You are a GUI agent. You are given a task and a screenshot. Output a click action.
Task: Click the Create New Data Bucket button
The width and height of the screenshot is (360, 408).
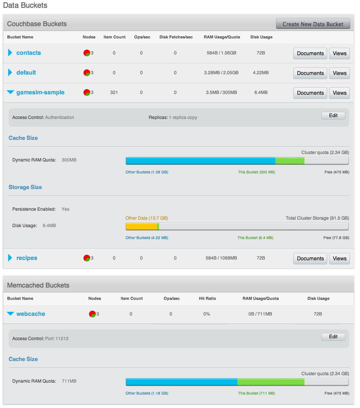[x=313, y=24]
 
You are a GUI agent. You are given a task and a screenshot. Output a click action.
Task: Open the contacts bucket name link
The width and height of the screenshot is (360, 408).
[x=29, y=53]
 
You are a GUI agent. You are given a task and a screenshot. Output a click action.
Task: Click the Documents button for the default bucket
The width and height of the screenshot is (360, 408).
[x=310, y=73]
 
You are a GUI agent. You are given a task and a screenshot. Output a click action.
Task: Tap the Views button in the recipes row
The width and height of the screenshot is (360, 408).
[x=339, y=258]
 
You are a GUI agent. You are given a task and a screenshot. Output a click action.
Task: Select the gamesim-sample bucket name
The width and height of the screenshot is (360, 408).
[x=40, y=92]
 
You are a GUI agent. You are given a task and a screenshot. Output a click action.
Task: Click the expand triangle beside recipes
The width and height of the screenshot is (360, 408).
[x=10, y=258]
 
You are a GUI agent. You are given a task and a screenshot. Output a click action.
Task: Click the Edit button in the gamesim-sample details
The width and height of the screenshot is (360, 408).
[x=333, y=116]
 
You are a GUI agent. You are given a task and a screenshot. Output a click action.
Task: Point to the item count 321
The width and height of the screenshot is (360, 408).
[x=114, y=92]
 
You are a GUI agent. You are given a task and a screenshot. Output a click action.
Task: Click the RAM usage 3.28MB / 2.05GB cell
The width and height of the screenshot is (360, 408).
[x=221, y=73]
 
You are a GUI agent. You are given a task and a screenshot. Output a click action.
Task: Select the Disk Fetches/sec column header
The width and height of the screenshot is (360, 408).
[x=176, y=37]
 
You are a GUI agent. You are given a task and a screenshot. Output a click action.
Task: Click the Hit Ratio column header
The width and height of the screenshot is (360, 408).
[x=207, y=298]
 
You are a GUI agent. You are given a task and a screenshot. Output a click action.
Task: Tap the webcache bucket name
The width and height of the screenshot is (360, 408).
[x=31, y=314]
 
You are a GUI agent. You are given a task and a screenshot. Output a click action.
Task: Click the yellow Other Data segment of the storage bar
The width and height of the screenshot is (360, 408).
[x=141, y=226]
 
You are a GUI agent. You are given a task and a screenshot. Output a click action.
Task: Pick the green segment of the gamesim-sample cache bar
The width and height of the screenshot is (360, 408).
[x=290, y=161]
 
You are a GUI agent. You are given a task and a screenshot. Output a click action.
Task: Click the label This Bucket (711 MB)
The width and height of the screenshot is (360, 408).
[x=256, y=393]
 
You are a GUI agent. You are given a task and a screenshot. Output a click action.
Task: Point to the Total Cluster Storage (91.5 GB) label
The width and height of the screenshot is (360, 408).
[x=317, y=218]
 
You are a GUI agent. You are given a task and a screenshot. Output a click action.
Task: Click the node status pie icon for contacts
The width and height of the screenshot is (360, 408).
[x=86, y=53]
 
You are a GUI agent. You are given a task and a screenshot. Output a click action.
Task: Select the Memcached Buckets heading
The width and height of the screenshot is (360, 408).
[x=38, y=285]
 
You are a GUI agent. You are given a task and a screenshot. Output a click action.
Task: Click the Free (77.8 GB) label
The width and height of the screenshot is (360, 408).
[x=336, y=238]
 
